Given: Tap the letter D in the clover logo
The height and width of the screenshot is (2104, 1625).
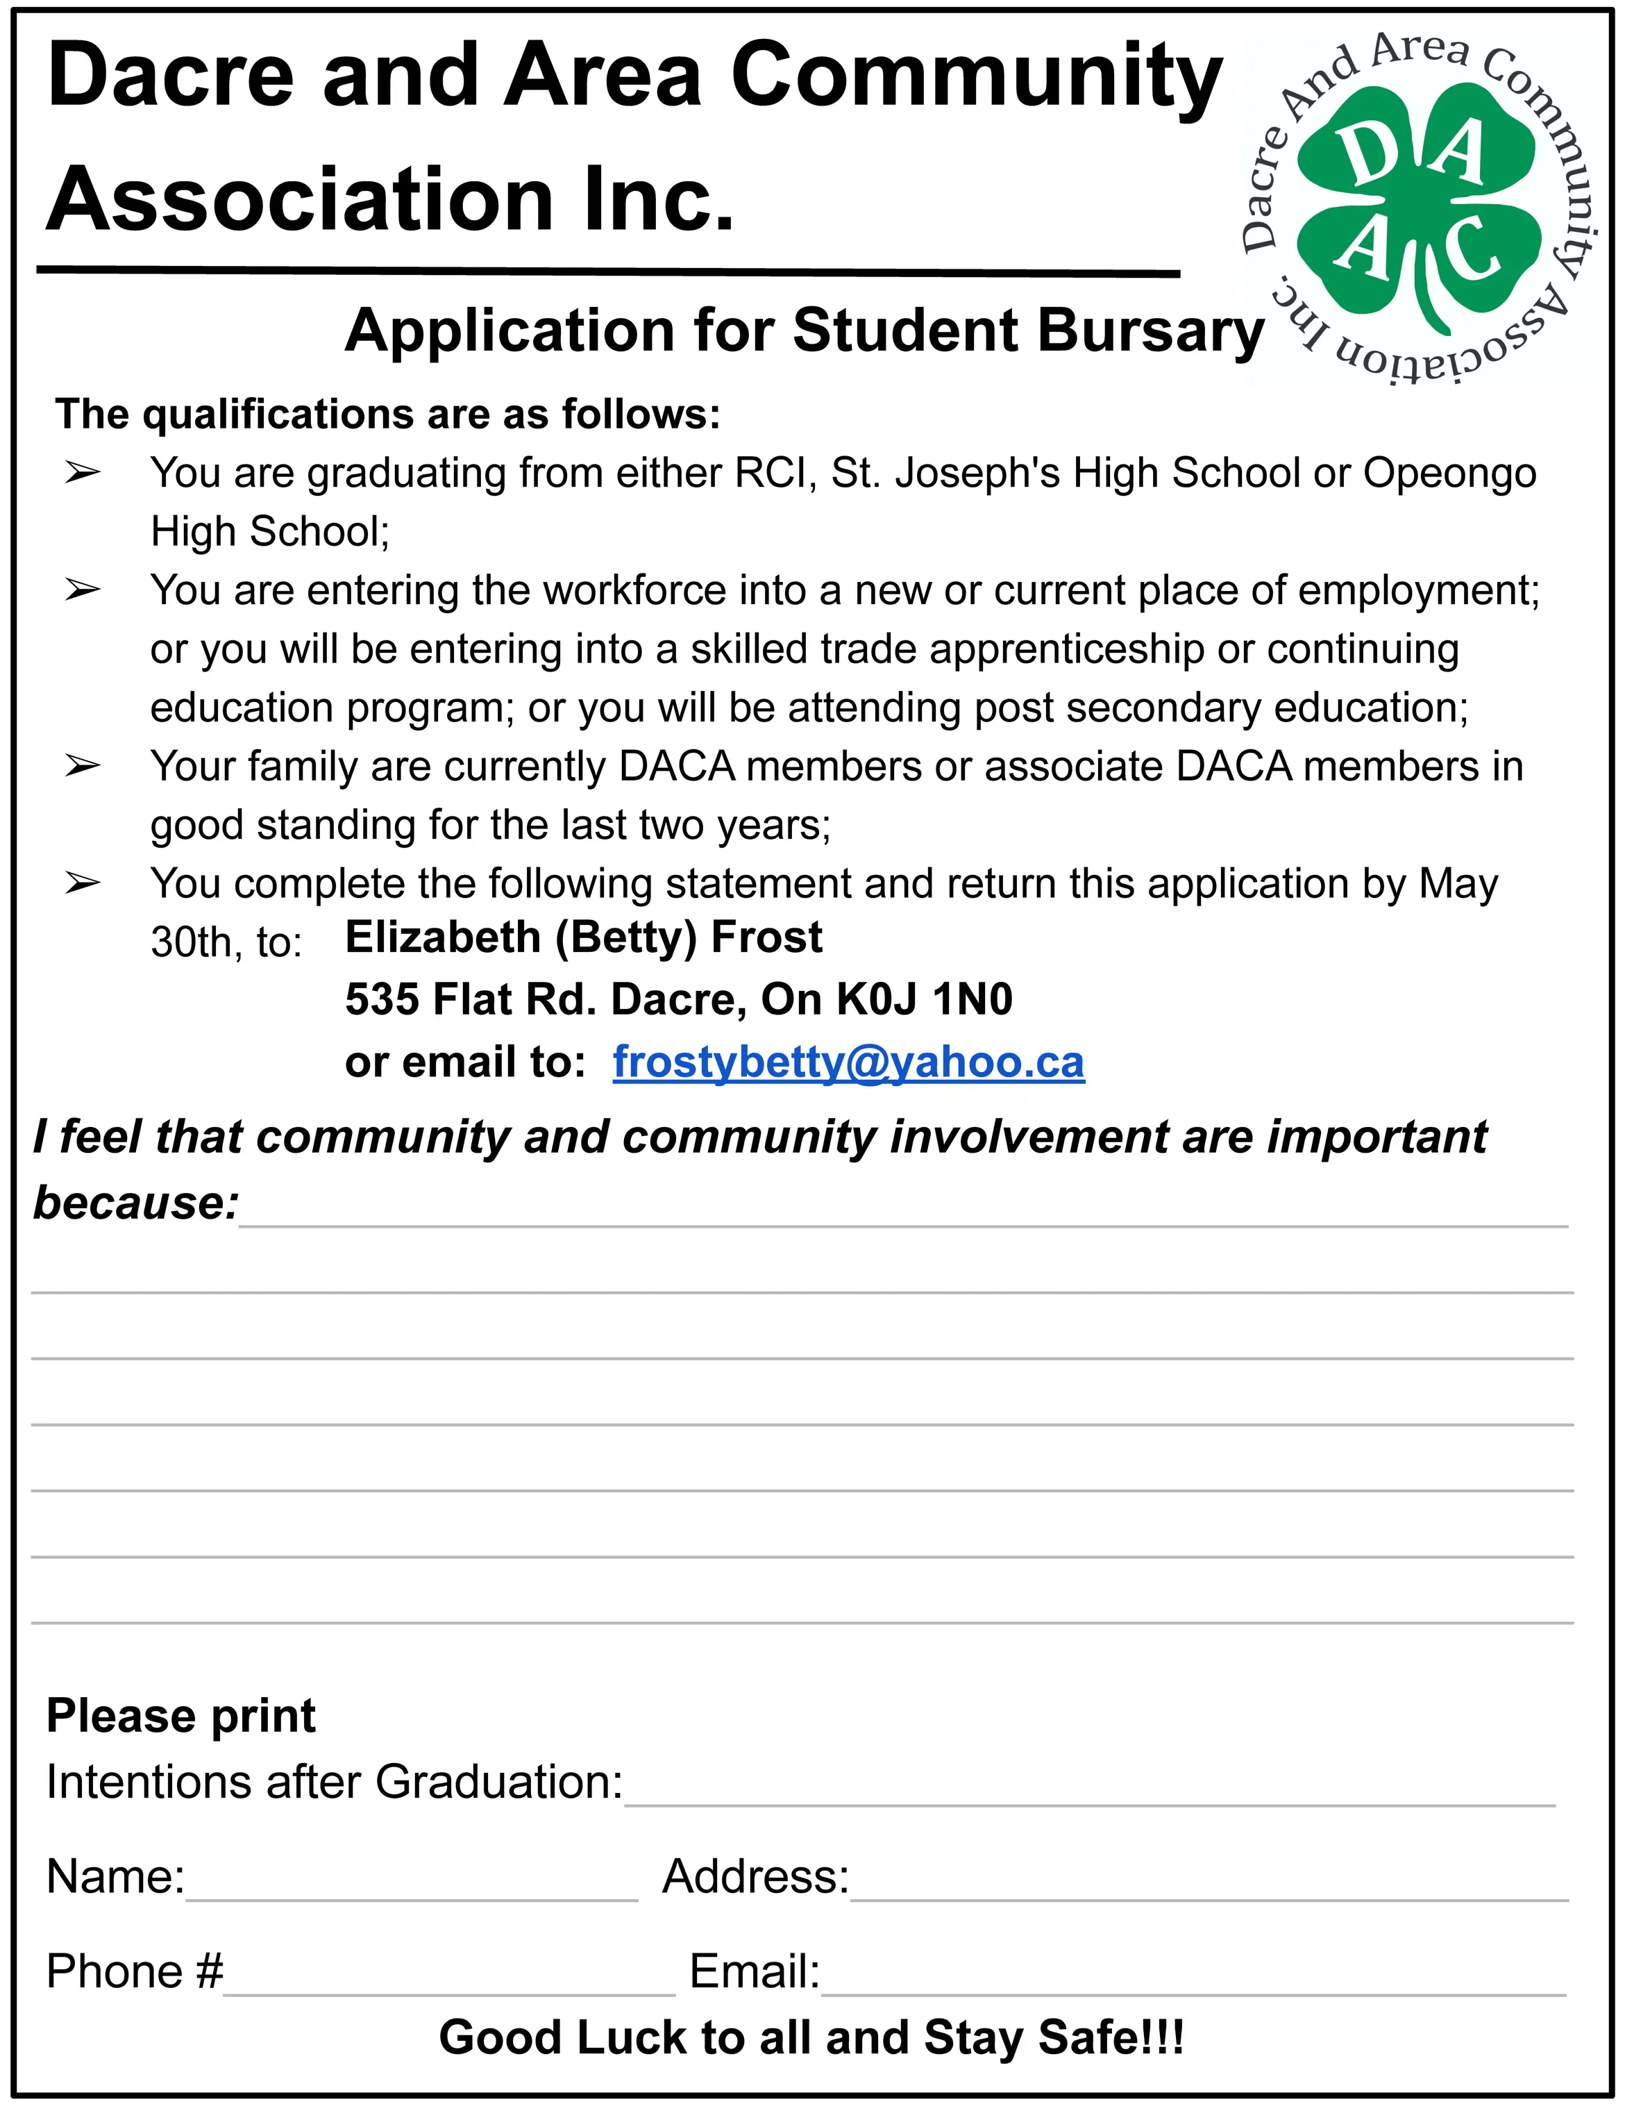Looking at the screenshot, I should click(x=1366, y=156).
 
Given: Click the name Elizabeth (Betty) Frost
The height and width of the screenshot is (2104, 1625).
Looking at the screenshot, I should click(x=583, y=937).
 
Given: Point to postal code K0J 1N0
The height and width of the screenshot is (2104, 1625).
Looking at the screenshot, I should click(x=925, y=999).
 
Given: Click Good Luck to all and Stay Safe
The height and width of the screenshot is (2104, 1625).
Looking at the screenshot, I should click(x=811, y=2037).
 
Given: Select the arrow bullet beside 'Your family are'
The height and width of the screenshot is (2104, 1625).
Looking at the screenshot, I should click(x=83, y=766).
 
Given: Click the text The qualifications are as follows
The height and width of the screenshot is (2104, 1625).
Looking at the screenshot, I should click(x=387, y=415).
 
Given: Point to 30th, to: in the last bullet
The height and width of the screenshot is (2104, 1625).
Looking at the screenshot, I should click(x=226, y=942).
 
